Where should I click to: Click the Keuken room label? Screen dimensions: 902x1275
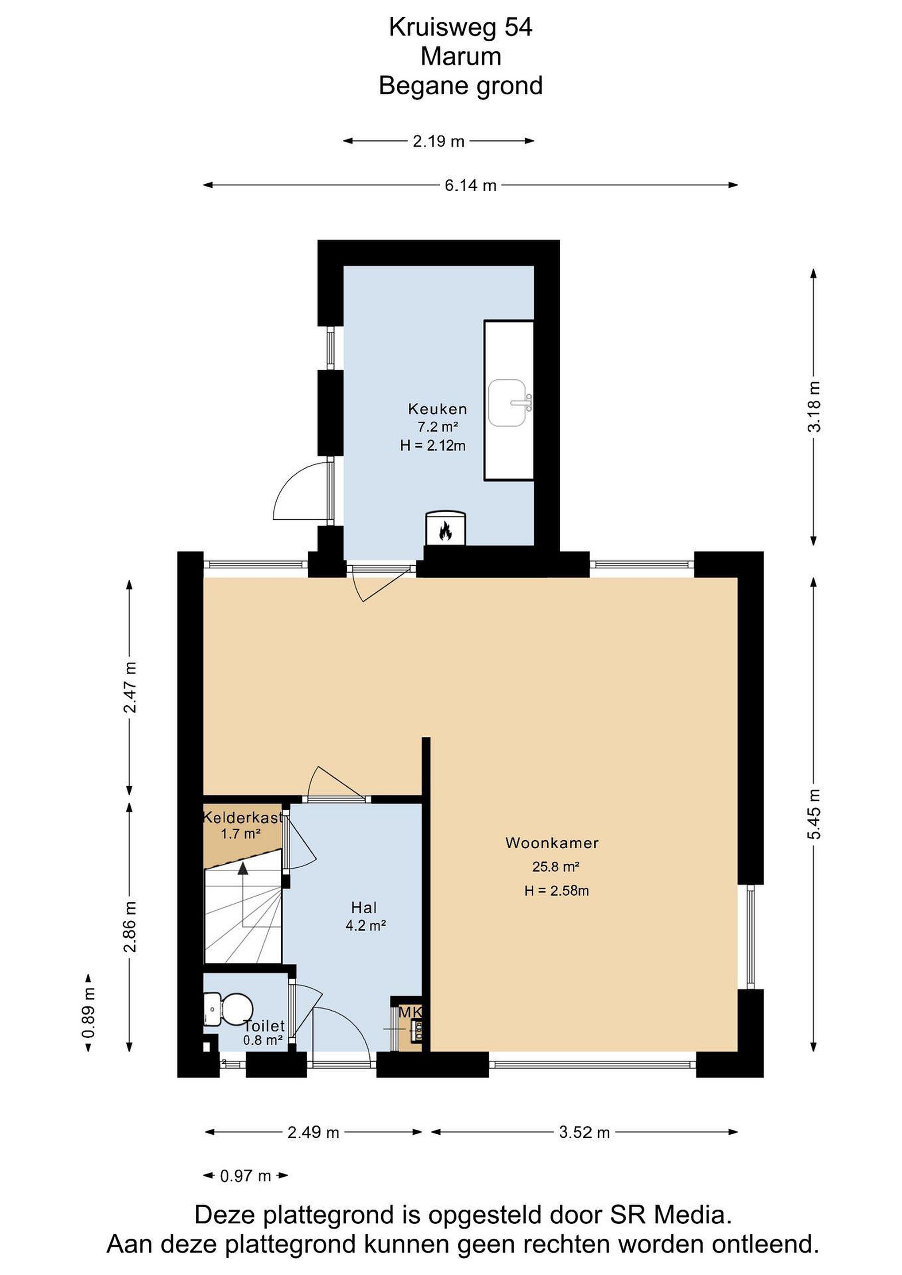437,409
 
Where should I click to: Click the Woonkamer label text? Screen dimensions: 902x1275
552,843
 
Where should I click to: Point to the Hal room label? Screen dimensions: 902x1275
364,908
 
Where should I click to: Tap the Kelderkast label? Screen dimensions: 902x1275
243,817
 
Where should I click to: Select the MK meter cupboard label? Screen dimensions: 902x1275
410,1012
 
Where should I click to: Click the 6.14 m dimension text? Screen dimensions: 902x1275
470,185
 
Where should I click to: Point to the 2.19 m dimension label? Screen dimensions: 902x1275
438,142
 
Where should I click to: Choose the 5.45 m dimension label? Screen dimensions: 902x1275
815,815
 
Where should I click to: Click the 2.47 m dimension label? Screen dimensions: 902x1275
130,687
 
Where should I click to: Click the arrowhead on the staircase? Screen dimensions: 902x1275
243,869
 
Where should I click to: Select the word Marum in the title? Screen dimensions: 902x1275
461,57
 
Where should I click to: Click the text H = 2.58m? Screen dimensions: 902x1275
557,891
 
